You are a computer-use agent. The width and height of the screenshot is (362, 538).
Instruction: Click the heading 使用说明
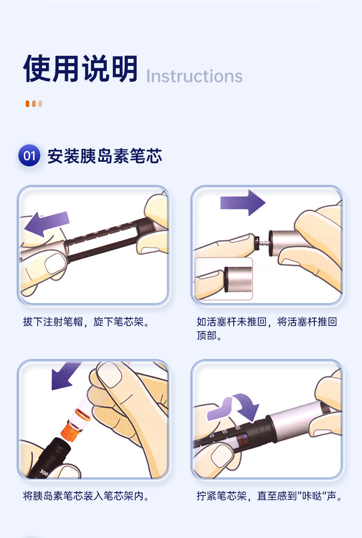80,69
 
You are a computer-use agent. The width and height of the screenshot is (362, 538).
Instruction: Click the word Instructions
195,76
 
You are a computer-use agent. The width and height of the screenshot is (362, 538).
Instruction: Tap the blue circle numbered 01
29,155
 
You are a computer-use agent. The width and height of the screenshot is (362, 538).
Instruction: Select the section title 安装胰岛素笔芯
104,156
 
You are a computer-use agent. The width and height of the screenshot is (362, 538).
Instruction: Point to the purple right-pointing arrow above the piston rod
242,203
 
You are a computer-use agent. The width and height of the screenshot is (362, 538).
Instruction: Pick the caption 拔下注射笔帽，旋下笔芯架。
86,322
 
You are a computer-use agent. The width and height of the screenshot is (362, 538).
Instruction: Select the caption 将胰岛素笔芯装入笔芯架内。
86,496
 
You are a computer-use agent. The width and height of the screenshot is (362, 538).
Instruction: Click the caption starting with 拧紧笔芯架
270,496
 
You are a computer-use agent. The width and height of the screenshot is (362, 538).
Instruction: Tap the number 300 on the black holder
44,472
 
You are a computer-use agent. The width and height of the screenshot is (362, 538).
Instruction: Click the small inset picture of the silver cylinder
224,279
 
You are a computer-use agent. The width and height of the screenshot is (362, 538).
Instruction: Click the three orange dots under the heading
33,104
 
